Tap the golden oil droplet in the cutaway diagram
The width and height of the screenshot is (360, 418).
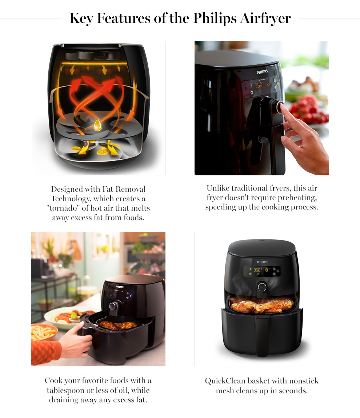pos(97,124)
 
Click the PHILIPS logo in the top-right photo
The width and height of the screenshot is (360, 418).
pos(262,72)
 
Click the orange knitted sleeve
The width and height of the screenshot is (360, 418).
pos(45,351)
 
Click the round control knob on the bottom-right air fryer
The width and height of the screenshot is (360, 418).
pos(261,287)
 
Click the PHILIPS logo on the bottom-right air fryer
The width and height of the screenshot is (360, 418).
pos(261,262)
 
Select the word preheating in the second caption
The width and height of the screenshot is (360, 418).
pos(293,198)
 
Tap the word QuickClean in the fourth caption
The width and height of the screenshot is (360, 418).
pos(225,381)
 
